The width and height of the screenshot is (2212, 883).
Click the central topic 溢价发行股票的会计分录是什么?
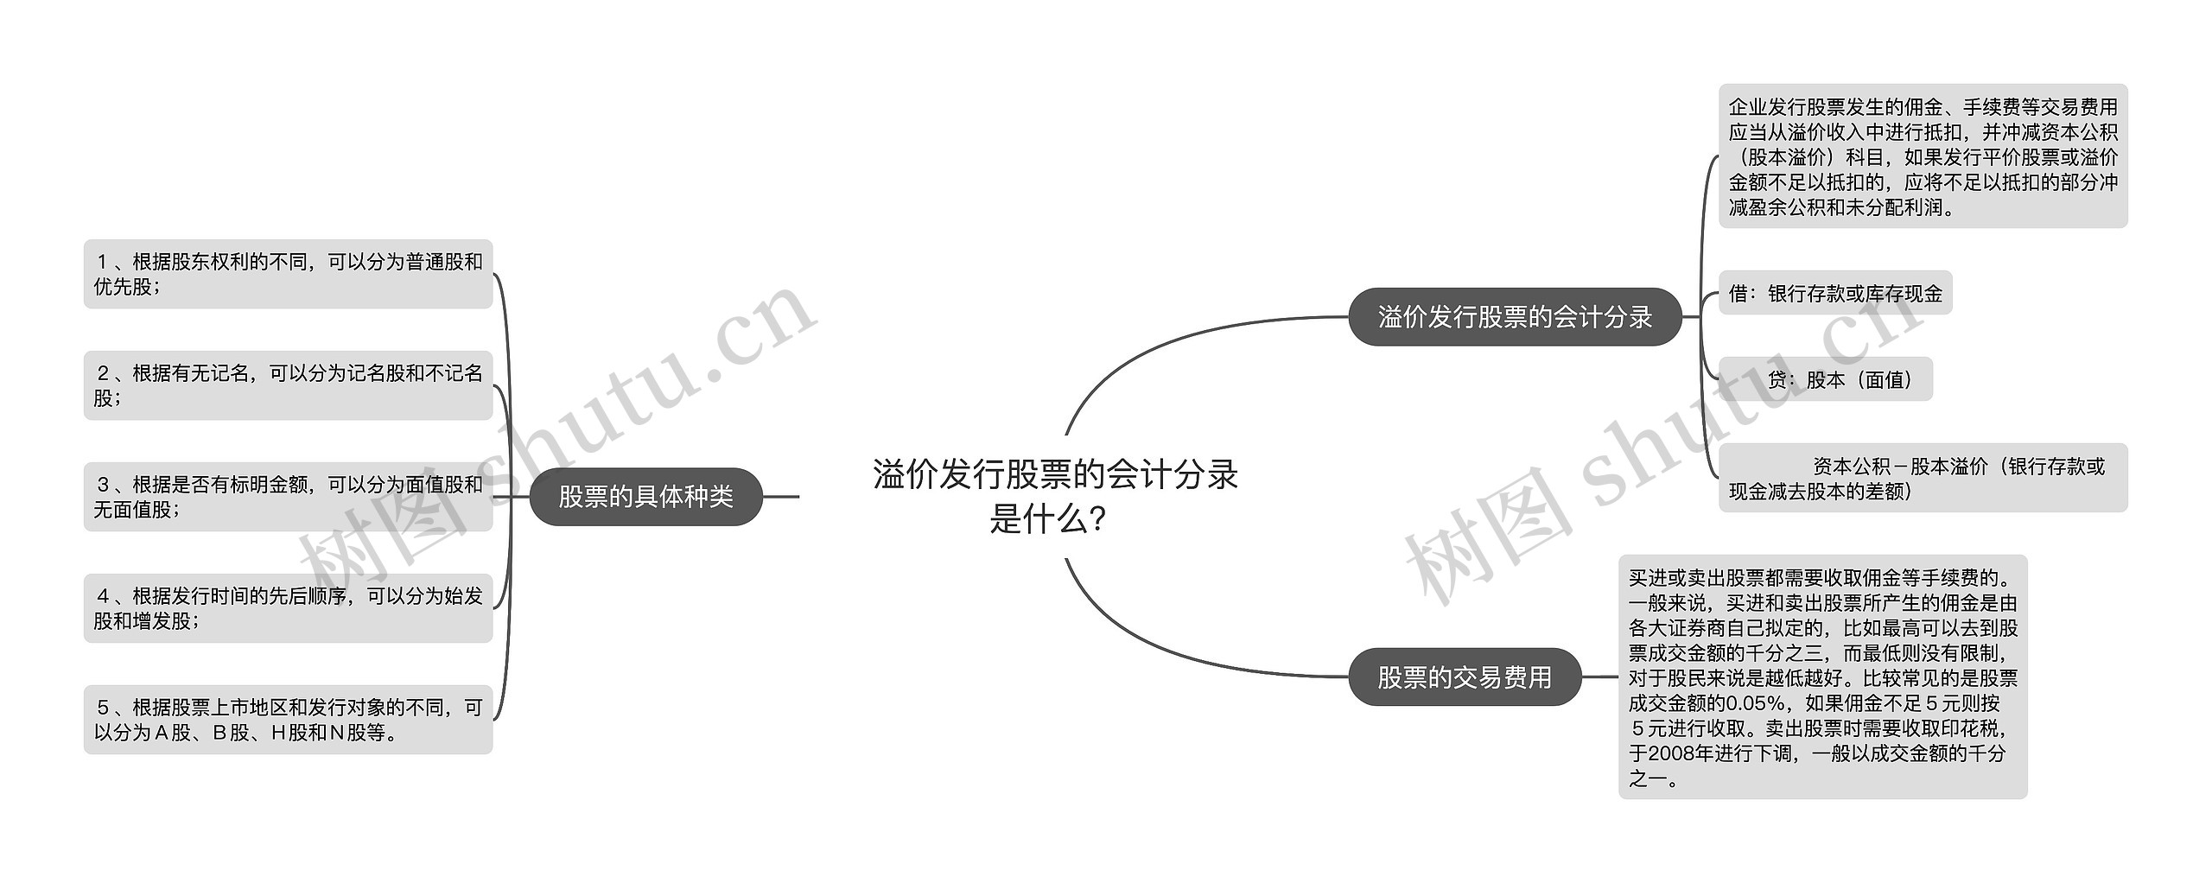1054,496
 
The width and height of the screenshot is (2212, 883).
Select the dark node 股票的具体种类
645,497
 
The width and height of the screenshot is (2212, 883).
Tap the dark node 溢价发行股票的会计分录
1514,317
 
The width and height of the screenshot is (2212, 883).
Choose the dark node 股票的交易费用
1464,677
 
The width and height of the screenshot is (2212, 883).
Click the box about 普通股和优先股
288,274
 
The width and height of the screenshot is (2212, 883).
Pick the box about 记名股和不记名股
288,385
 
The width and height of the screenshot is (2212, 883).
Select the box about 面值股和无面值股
288,497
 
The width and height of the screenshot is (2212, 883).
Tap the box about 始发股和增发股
288,608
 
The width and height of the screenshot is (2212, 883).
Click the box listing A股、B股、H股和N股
288,720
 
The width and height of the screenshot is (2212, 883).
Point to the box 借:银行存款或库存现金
1834,294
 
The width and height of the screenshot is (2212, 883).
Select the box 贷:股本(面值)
1825,379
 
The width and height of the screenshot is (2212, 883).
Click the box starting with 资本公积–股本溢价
1923,478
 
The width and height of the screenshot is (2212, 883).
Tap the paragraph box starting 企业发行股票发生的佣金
1923,156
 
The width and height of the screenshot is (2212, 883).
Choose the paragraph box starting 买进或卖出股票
1822,677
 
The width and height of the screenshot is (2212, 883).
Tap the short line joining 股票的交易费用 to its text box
1599,677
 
